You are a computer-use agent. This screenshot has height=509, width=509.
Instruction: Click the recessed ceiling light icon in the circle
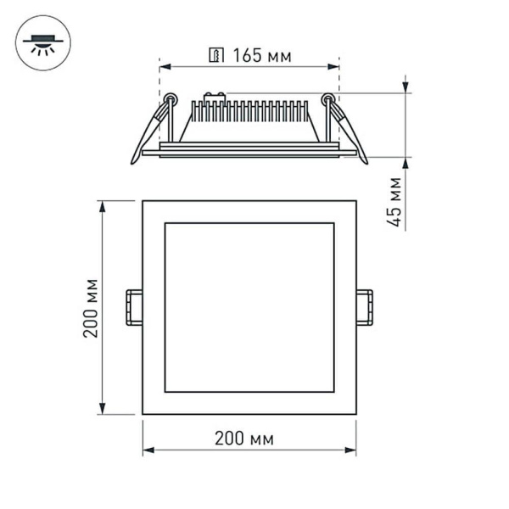point(43,42)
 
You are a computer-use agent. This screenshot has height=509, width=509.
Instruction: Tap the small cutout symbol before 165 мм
point(217,57)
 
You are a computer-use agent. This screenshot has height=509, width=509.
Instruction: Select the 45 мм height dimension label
point(394,202)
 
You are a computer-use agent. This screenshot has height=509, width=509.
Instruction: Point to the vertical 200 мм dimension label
point(91,307)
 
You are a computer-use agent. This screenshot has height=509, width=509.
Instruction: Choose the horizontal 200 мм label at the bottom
point(244,439)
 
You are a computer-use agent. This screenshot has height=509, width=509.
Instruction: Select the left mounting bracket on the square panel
point(133,307)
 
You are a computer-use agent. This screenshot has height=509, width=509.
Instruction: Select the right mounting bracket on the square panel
point(365,307)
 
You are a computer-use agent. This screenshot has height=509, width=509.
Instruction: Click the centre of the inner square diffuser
point(249,307)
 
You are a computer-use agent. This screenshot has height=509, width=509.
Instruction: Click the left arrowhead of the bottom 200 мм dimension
point(148,450)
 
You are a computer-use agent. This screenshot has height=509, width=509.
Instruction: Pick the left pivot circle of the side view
point(171,98)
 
